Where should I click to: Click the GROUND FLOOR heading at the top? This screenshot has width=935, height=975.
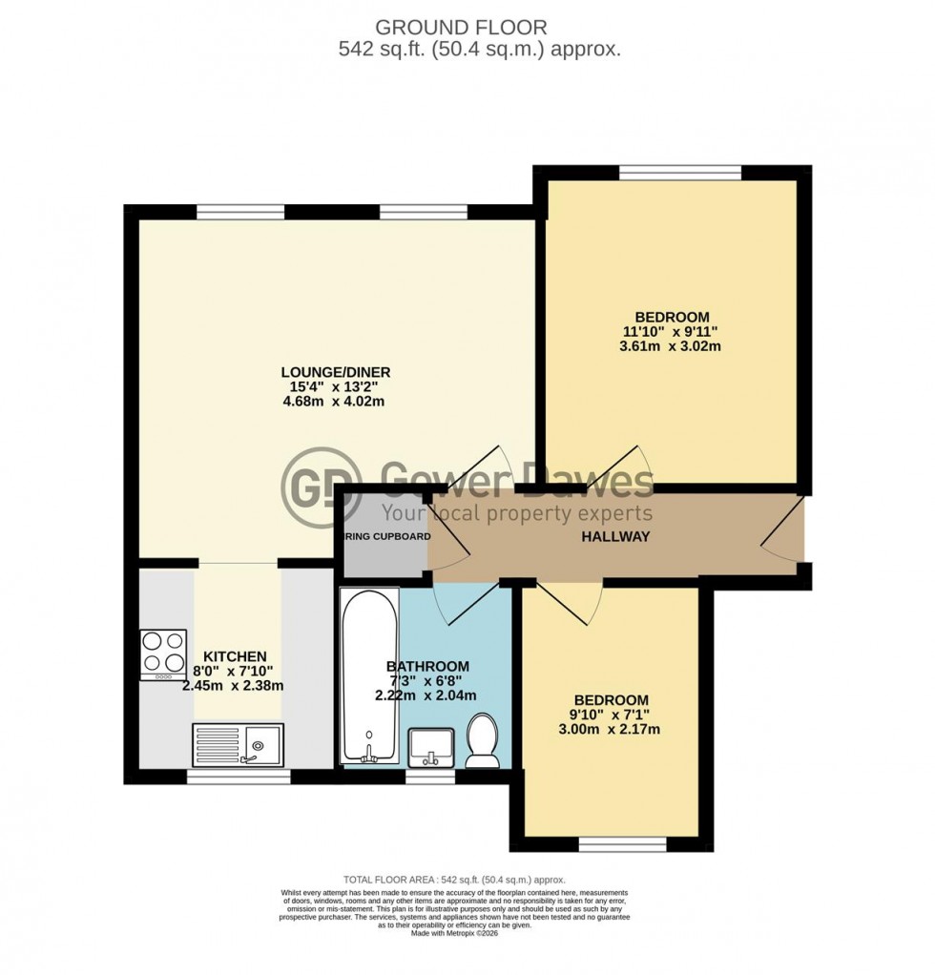pos(467,28)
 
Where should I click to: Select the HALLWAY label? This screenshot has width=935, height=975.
pos(615,537)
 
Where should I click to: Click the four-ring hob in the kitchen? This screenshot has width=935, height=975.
pos(163,654)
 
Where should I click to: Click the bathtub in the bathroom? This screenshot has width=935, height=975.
pos(367,676)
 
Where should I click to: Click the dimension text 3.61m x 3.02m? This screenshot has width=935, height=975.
pos(671,346)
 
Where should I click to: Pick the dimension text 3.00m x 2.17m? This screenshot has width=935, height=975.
pos(611,730)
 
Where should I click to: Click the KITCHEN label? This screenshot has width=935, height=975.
pos(235,656)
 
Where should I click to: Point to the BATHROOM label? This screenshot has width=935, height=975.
pos(427,666)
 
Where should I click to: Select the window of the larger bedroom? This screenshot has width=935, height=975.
pos(679,173)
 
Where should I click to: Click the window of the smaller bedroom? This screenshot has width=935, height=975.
pos(610,844)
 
